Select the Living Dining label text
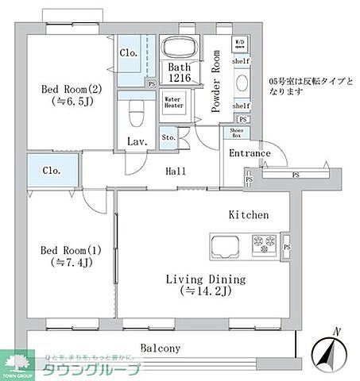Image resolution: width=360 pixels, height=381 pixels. (x=205, y=285)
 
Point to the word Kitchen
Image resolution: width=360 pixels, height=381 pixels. (x=248, y=215)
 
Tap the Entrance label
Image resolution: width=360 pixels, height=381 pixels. (x=250, y=154)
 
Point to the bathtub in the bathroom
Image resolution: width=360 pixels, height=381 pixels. (x=179, y=48)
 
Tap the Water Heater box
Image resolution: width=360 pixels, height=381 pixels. (x=173, y=102)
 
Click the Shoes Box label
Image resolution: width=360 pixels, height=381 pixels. (x=237, y=133)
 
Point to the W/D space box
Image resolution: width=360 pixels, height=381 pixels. (x=239, y=42)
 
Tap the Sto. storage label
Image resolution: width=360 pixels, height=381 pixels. (x=168, y=137)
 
